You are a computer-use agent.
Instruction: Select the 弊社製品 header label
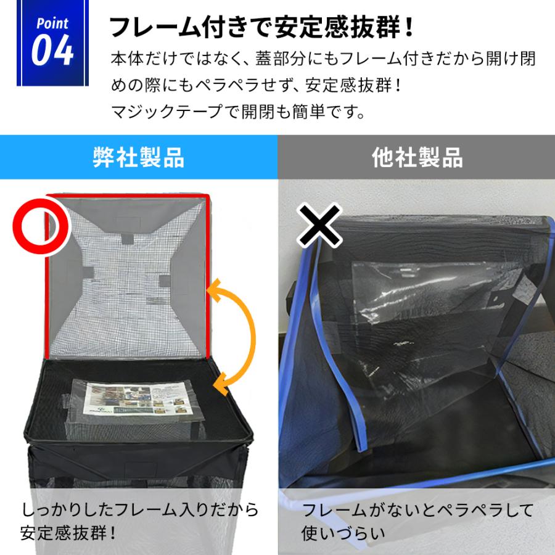[138, 158]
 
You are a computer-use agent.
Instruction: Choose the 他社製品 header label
[417, 158]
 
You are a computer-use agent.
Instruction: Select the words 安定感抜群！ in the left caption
[68, 532]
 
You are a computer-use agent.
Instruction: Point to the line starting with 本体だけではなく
[323, 60]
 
